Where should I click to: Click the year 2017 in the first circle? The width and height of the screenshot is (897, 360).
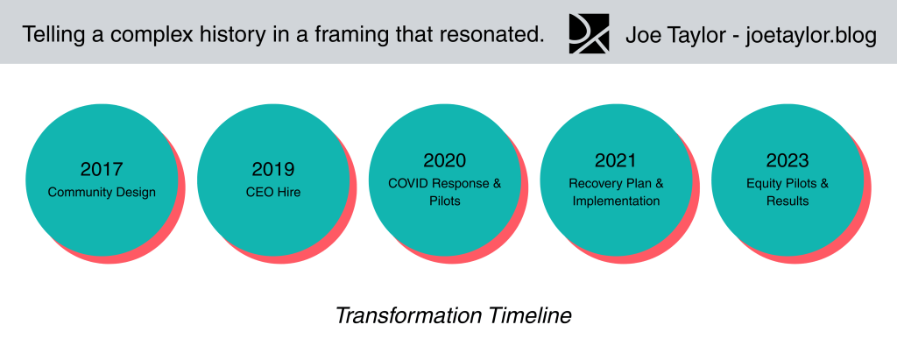click(x=102, y=169)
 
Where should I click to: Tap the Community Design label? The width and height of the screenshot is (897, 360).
click(x=102, y=193)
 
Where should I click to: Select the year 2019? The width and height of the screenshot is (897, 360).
click(x=273, y=169)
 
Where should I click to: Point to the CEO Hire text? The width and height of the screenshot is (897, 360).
click(x=273, y=193)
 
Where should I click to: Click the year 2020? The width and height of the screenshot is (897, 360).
click(x=444, y=160)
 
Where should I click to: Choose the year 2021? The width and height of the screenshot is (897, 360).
click(x=616, y=160)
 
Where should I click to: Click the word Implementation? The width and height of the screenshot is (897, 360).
click(x=616, y=201)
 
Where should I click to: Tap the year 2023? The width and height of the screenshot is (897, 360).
click(x=788, y=160)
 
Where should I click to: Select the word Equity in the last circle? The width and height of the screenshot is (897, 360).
click(x=763, y=184)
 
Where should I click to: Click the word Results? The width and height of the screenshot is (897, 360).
click(x=788, y=201)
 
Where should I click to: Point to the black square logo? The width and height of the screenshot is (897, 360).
click(x=589, y=34)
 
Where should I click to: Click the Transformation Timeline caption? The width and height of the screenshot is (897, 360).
click(x=453, y=316)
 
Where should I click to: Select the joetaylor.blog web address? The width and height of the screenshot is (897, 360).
click(x=810, y=36)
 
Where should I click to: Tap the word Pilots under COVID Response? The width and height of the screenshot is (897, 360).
click(x=444, y=201)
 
